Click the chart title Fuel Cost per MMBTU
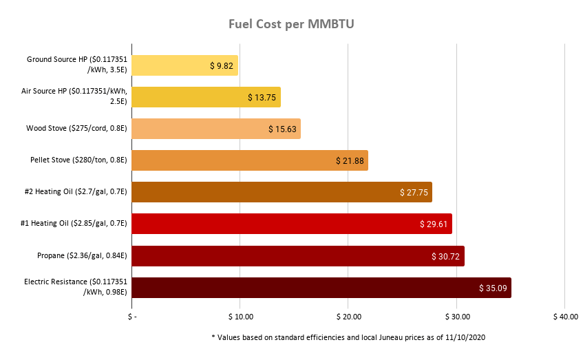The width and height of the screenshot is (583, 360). [x=291, y=25]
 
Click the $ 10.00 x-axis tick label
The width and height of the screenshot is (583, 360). [x=240, y=317]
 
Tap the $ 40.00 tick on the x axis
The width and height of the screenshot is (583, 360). [x=564, y=317]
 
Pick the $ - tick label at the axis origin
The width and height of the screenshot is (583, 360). [x=132, y=317]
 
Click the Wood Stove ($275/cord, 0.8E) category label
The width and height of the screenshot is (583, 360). [x=76, y=129]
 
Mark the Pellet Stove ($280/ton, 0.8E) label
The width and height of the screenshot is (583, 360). [x=77, y=160]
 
